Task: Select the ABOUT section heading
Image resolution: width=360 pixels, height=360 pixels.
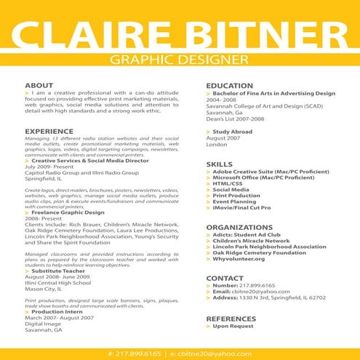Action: [x=39, y=86]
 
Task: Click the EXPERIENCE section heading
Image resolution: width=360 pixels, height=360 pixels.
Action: [x=49, y=131]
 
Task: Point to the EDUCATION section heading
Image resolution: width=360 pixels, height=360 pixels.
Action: [x=230, y=86]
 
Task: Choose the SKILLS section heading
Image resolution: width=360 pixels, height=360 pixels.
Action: [x=219, y=164]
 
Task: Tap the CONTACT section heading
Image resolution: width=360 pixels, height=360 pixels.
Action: [x=224, y=278]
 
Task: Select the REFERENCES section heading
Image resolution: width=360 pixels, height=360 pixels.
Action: [x=231, y=319]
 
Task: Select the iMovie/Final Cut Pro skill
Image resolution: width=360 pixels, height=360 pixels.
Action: [x=247, y=208]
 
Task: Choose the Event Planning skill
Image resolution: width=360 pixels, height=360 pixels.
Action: [x=236, y=201]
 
